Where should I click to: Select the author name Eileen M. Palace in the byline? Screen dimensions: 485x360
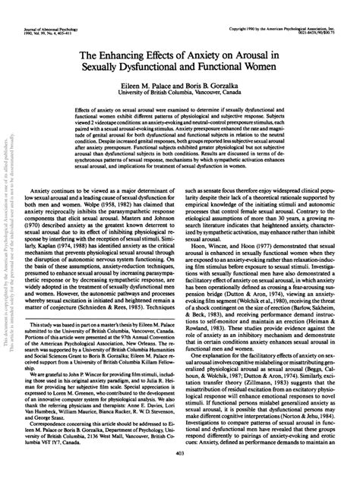pyautogui.click(x=134, y=87)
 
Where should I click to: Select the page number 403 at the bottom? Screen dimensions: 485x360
pyautogui.click(x=179, y=474)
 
